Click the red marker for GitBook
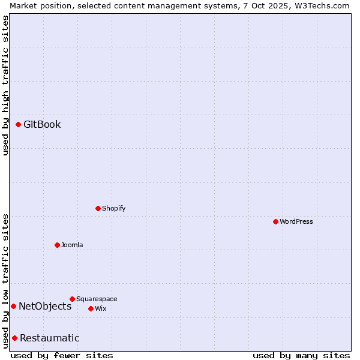(18, 124)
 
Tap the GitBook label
(42, 125)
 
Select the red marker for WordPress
(275, 221)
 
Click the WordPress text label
(296, 222)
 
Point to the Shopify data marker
(98, 208)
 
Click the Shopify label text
(114, 209)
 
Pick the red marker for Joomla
(57, 245)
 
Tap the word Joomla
(72, 245)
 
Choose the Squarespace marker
(72, 299)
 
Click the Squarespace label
(97, 299)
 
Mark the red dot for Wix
(91, 308)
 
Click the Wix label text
(101, 309)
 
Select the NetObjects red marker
(13, 306)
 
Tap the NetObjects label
(45, 307)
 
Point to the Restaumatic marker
(14, 338)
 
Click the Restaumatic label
(50, 338)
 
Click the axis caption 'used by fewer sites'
(62, 355)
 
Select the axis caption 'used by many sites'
(301, 355)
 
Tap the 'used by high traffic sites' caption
(5, 85)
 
